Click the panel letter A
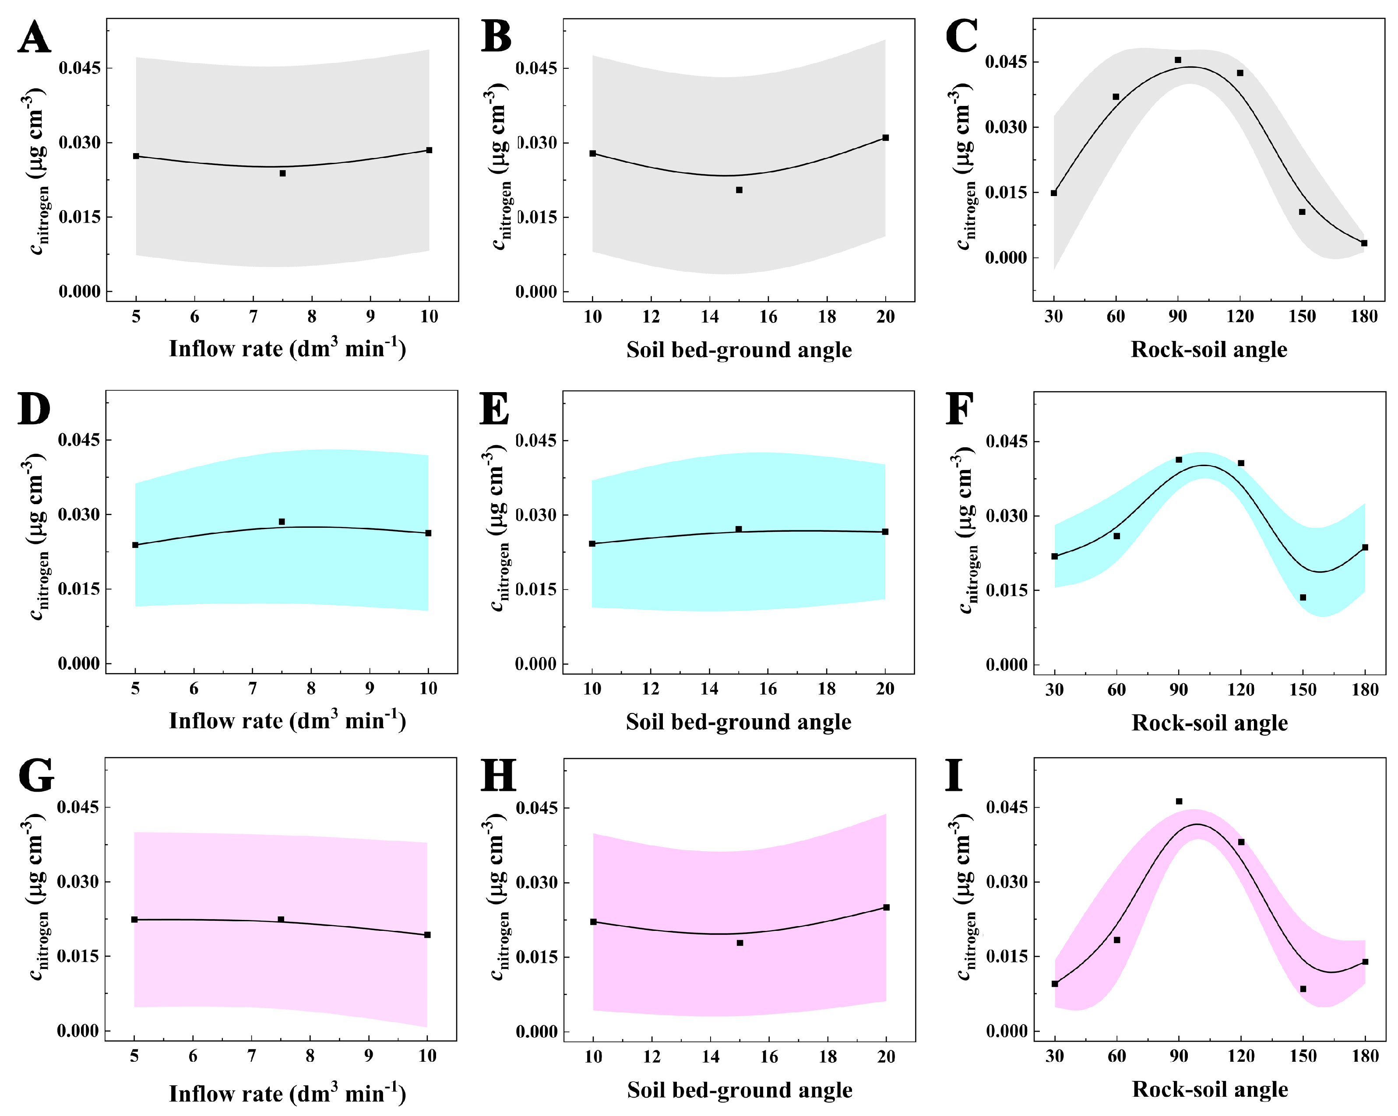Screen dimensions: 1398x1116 [x=34, y=38]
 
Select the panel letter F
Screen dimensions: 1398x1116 [x=960, y=409]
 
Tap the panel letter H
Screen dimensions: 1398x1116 [x=498, y=776]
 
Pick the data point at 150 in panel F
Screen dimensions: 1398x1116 [x=1303, y=597]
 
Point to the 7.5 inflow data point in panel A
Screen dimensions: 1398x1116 [x=283, y=173]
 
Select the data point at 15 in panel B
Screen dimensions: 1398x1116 [x=739, y=190]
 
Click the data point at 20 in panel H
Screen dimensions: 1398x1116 [x=887, y=907]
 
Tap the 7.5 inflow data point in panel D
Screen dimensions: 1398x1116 [x=282, y=522]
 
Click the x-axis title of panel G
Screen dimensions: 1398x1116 [x=287, y=1093]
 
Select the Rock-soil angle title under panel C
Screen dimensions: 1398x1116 [x=1209, y=350]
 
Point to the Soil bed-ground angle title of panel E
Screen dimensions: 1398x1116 [x=739, y=722]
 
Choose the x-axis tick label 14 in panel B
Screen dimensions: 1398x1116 [x=710, y=317]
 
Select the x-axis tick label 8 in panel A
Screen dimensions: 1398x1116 [x=312, y=317]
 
